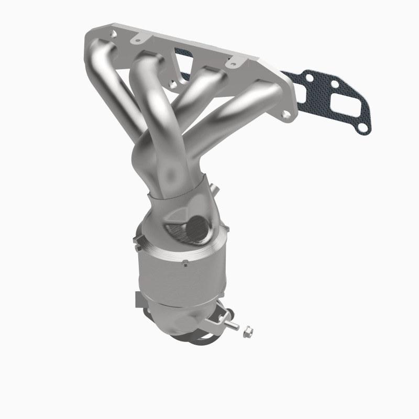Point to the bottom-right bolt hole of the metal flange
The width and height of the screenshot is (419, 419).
(x=284, y=114)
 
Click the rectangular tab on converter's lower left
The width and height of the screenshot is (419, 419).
(x=140, y=300)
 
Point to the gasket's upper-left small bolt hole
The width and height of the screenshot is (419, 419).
(x=310, y=79)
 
